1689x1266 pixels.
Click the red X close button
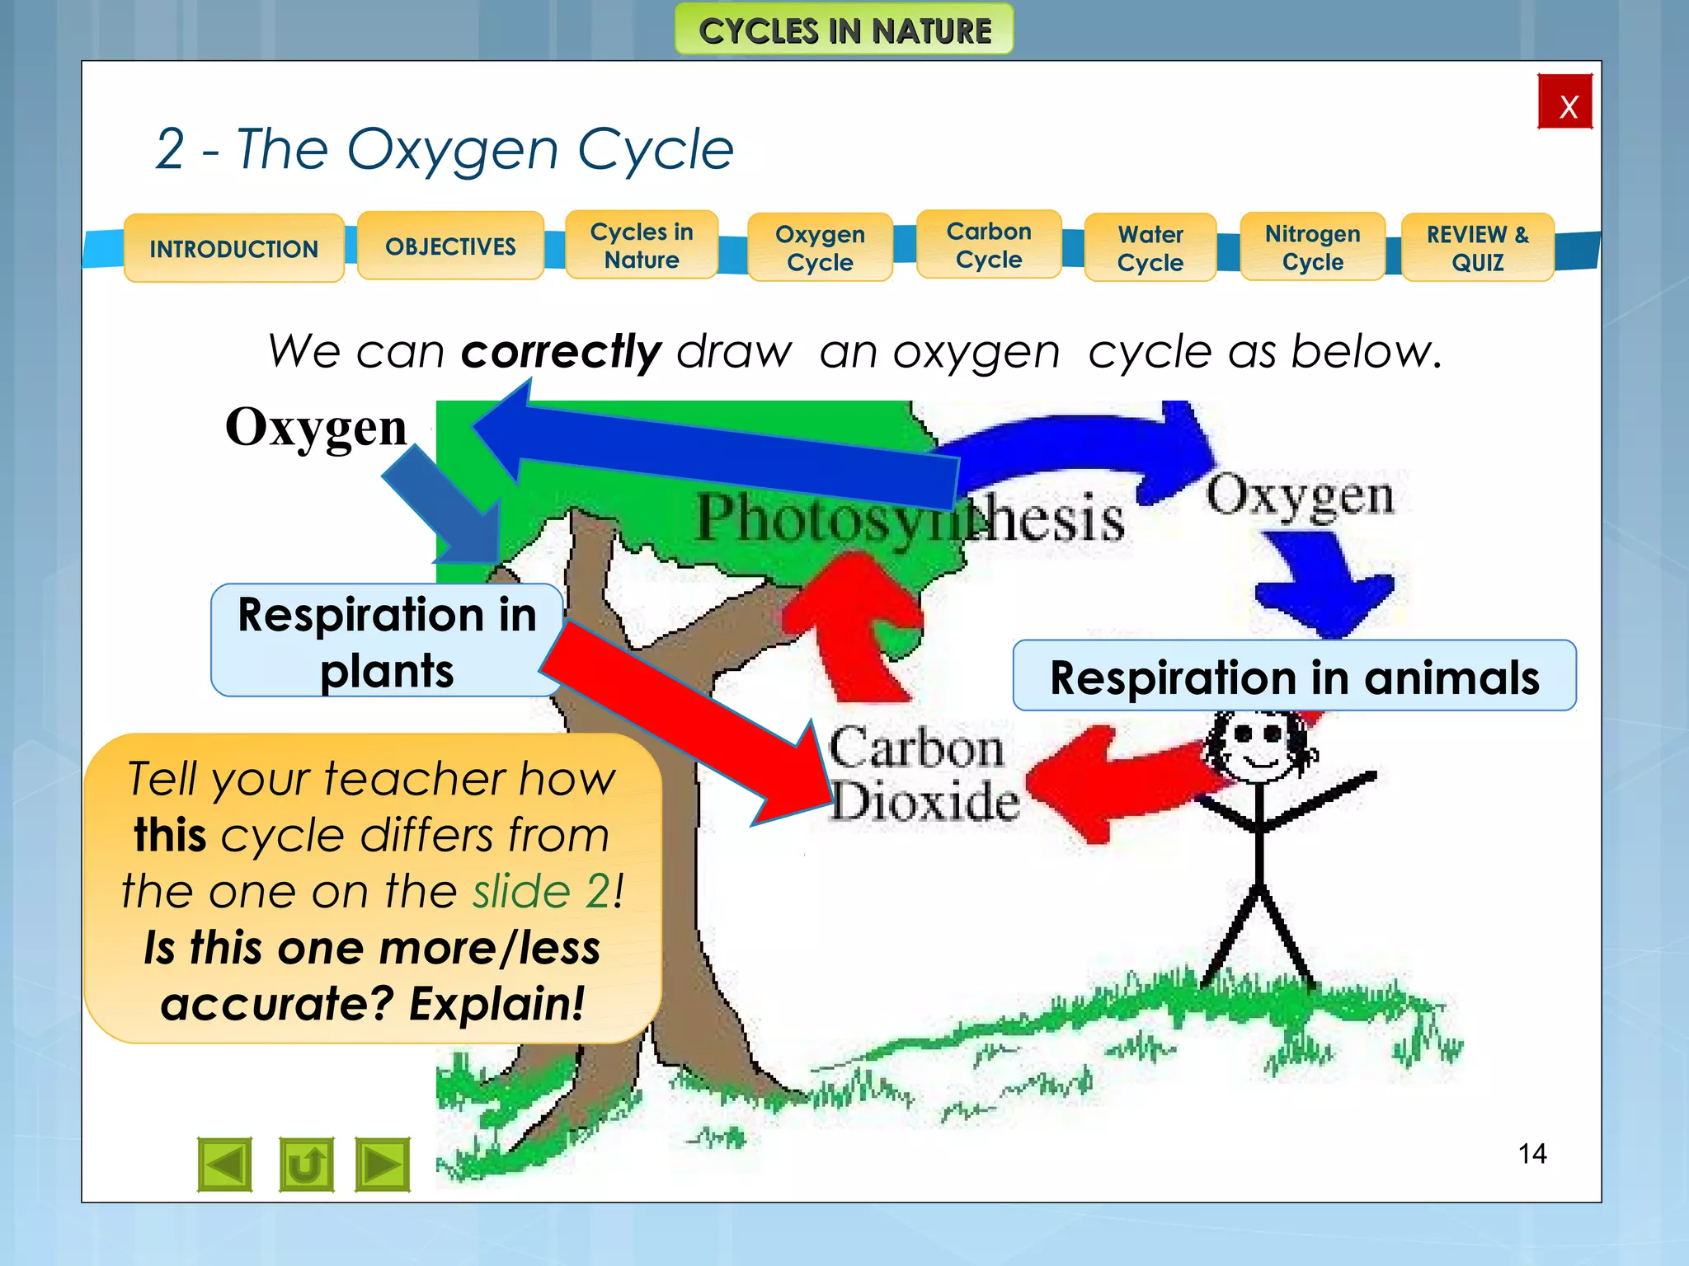(x=1564, y=102)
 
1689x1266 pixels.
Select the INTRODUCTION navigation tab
(x=234, y=248)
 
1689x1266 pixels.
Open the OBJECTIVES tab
(x=450, y=246)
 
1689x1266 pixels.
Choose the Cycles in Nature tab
(x=642, y=246)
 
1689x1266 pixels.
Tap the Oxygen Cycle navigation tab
(x=820, y=247)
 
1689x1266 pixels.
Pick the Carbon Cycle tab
(x=989, y=245)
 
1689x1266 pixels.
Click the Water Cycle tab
(x=1150, y=247)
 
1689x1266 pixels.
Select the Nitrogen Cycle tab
(x=1312, y=247)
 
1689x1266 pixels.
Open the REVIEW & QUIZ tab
(x=1477, y=247)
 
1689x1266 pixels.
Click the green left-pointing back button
(x=225, y=1165)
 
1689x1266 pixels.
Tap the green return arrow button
(x=306, y=1165)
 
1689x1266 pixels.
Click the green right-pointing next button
(x=383, y=1165)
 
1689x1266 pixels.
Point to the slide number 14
(x=1532, y=1153)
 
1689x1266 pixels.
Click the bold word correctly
(x=561, y=352)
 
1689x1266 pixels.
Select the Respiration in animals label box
(x=1294, y=676)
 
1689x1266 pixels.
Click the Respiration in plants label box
(x=387, y=641)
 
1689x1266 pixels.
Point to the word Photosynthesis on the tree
(x=909, y=518)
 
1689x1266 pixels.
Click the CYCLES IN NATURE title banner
(x=844, y=30)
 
